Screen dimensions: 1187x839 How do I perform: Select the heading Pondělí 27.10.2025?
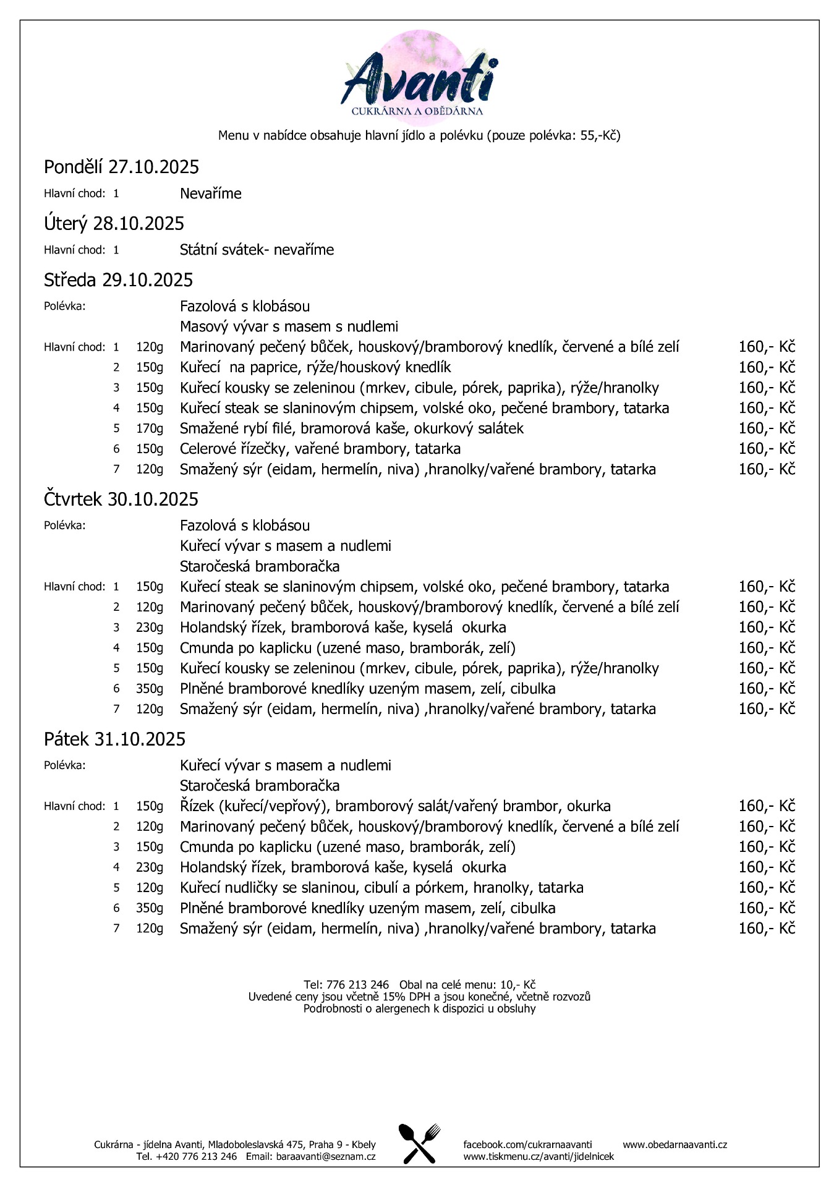tap(121, 167)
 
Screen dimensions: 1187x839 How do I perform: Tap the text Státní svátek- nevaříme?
tap(257, 250)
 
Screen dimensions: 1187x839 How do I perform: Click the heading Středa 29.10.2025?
tap(118, 280)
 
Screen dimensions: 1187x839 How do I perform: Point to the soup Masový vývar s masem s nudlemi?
tap(289, 326)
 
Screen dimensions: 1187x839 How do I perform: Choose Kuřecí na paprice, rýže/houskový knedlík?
tap(315, 367)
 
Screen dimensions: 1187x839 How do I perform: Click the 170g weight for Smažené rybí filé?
tap(150, 428)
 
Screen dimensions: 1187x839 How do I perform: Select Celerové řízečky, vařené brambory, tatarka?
tap(320, 449)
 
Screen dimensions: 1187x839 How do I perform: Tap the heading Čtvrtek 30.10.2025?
tap(121, 499)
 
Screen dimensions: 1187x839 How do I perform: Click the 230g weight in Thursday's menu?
tap(150, 628)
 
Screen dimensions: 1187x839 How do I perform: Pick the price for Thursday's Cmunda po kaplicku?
tap(766, 648)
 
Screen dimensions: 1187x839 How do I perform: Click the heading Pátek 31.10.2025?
tap(114, 739)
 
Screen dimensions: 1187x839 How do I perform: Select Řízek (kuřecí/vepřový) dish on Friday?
tap(395, 806)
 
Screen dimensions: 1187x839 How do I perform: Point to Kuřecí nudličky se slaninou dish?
tap(381, 888)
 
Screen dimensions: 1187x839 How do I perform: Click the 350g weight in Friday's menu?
tap(150, 908)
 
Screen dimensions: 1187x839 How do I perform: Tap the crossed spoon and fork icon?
tap(419, 1144)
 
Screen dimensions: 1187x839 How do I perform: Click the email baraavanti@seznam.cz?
tap(326, 1157)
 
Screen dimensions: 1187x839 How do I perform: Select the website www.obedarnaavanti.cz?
tap(675, 1144)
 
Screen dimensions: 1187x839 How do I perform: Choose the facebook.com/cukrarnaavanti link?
tap(527, 1144)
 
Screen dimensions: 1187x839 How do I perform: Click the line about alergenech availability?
tap(419, 1009)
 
